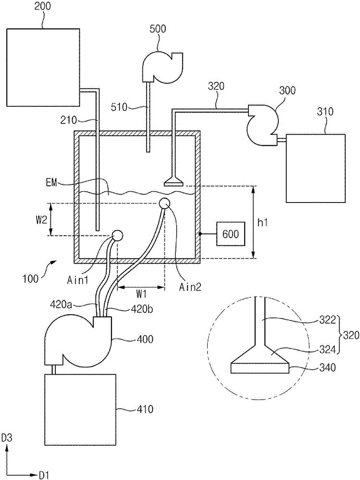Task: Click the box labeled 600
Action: tap(231, 234)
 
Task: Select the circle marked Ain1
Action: tap(117, 236)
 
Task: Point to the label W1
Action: tap(141, 294)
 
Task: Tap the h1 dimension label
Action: tap(263, 223)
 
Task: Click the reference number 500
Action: tap(158, 29)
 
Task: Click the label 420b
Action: tap(141, 309)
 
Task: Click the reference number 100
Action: tap(30, 279)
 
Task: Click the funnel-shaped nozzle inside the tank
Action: tap(174, 181)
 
